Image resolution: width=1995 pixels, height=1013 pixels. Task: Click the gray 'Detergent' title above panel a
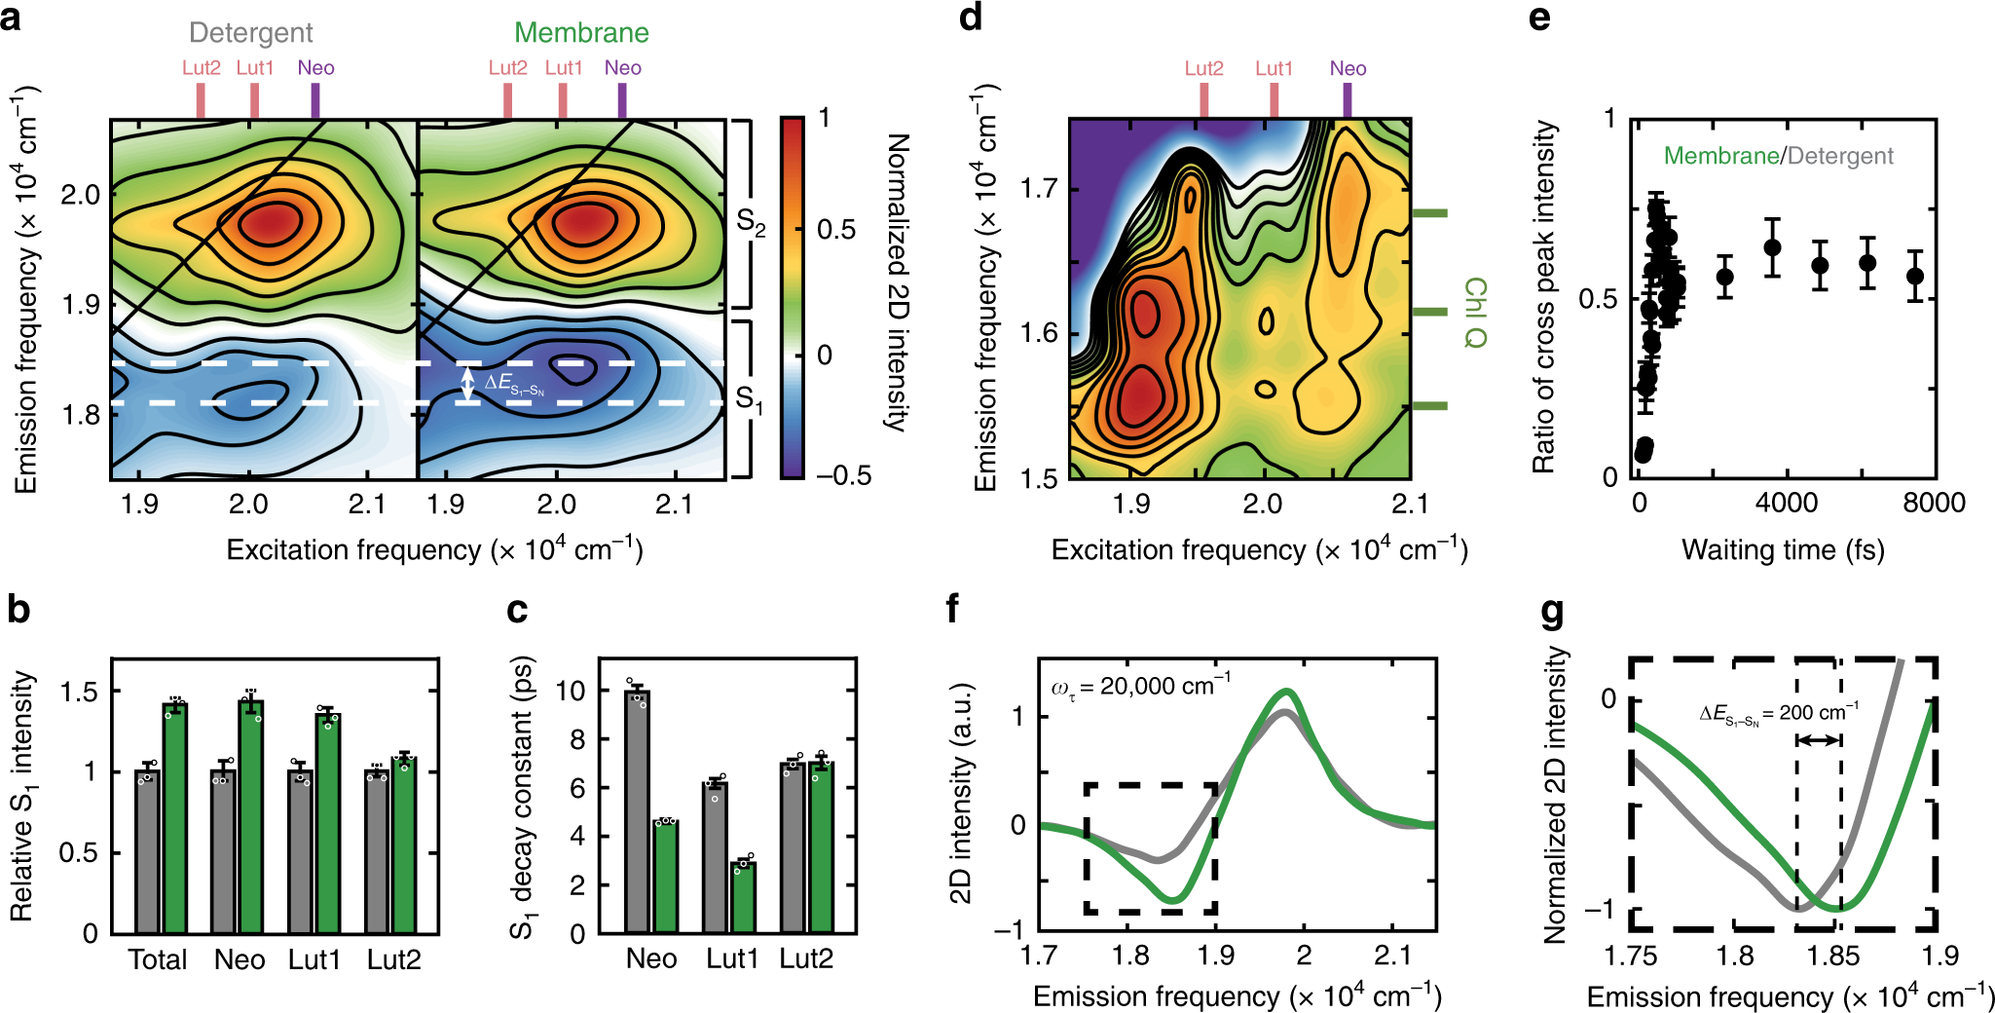(250, 32)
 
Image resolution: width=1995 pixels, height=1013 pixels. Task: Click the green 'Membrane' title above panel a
(581, 32)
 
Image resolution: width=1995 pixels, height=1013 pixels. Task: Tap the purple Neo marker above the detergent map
(314, 100)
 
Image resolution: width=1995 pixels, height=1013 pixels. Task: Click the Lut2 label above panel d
(1203, 68)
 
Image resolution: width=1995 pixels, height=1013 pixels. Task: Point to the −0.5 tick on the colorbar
(843, 475)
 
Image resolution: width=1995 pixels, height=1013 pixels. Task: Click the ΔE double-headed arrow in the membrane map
(467, 383)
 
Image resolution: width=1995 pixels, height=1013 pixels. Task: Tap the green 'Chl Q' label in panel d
(1474, 312)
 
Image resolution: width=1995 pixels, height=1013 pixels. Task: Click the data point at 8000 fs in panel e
(1914, 276)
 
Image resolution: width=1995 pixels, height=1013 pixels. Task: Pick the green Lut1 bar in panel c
(744, 897)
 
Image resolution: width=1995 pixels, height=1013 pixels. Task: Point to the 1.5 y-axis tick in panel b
(79, 692)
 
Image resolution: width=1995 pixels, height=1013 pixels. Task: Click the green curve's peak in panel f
(1287, 692)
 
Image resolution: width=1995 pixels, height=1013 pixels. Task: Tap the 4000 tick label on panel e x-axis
(1786, 503)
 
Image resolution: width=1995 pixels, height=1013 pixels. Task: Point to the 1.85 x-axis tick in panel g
(1833, 956)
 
